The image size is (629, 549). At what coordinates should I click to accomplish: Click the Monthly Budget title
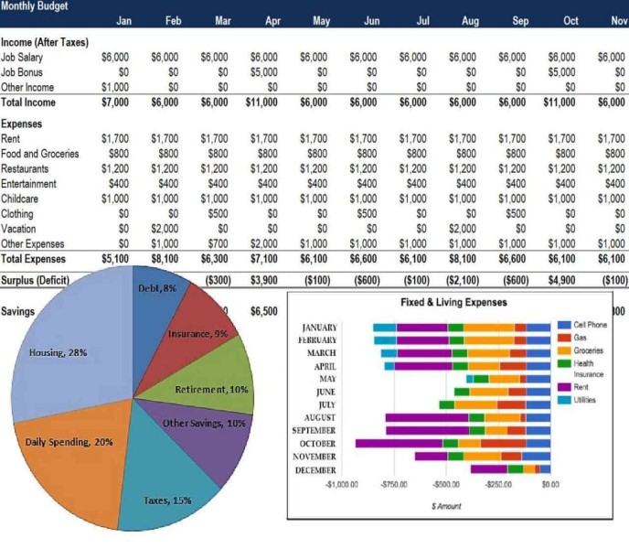(x=34, y=5)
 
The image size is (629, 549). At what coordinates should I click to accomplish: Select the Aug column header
(x=470, y=20)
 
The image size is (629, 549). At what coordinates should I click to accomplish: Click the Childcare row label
(x=19, y=199)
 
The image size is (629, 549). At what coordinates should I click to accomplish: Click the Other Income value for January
(x=115, y=87)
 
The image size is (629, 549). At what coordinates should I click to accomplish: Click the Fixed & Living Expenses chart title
(x=453, y=302)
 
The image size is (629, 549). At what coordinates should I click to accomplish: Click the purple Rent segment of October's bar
(x=399, y=444)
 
